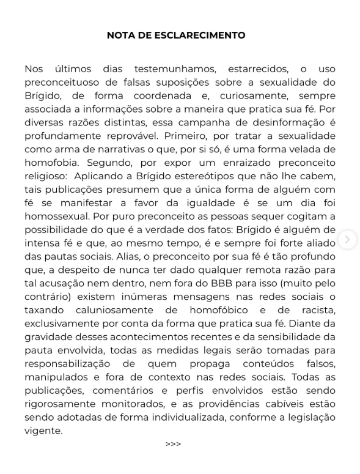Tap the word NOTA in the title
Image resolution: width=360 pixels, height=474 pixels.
point(120,35)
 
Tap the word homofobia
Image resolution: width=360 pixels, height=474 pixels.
point(52,163)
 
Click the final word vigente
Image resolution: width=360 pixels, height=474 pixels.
point(43,431)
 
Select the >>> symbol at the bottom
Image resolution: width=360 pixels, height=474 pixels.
point(174,444)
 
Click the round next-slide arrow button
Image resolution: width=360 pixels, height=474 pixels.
point(347,240)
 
